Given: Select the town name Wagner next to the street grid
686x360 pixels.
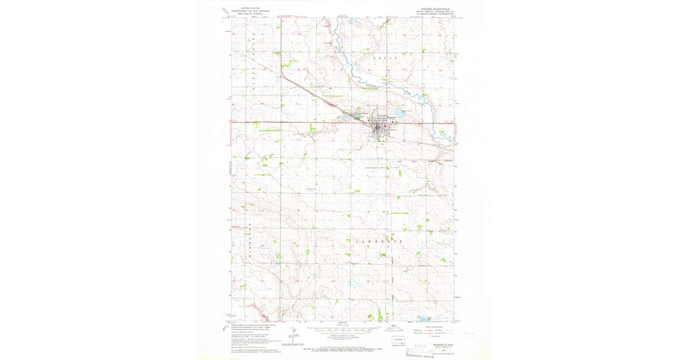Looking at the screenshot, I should pyautogui.click(x=392, y=115).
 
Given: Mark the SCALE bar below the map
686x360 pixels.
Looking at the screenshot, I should pyautogui.click(x=344, y=330).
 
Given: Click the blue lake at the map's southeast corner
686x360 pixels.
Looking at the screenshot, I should pyautogui.click(x=430, y=318).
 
